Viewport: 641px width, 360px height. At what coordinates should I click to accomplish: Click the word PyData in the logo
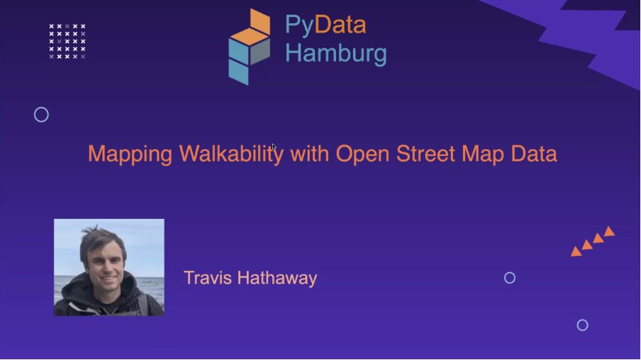[325, 26]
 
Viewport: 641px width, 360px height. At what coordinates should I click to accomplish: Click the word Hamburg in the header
[336, 53]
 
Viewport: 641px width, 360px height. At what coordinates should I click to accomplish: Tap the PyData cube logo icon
[250, 46]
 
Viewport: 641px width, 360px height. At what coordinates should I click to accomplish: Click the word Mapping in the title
[130, 154]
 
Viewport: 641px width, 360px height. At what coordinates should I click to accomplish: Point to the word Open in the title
[361, 154]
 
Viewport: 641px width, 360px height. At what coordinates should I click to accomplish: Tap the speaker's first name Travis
[207, 278]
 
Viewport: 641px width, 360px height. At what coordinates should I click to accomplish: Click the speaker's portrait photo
[109, 267]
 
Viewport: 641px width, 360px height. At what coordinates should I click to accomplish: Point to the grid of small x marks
[67, 41]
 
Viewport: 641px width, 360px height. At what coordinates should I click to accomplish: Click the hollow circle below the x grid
[41, 115]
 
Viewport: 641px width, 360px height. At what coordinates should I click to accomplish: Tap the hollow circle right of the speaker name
[509, 278]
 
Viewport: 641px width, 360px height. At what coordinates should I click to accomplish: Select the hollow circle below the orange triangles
[582, 325]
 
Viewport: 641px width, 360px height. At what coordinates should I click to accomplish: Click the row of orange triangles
[593, 242]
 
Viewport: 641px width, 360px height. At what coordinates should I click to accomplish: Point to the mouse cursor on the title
[274, 147]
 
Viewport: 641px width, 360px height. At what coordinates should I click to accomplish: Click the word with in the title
[309, 154]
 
